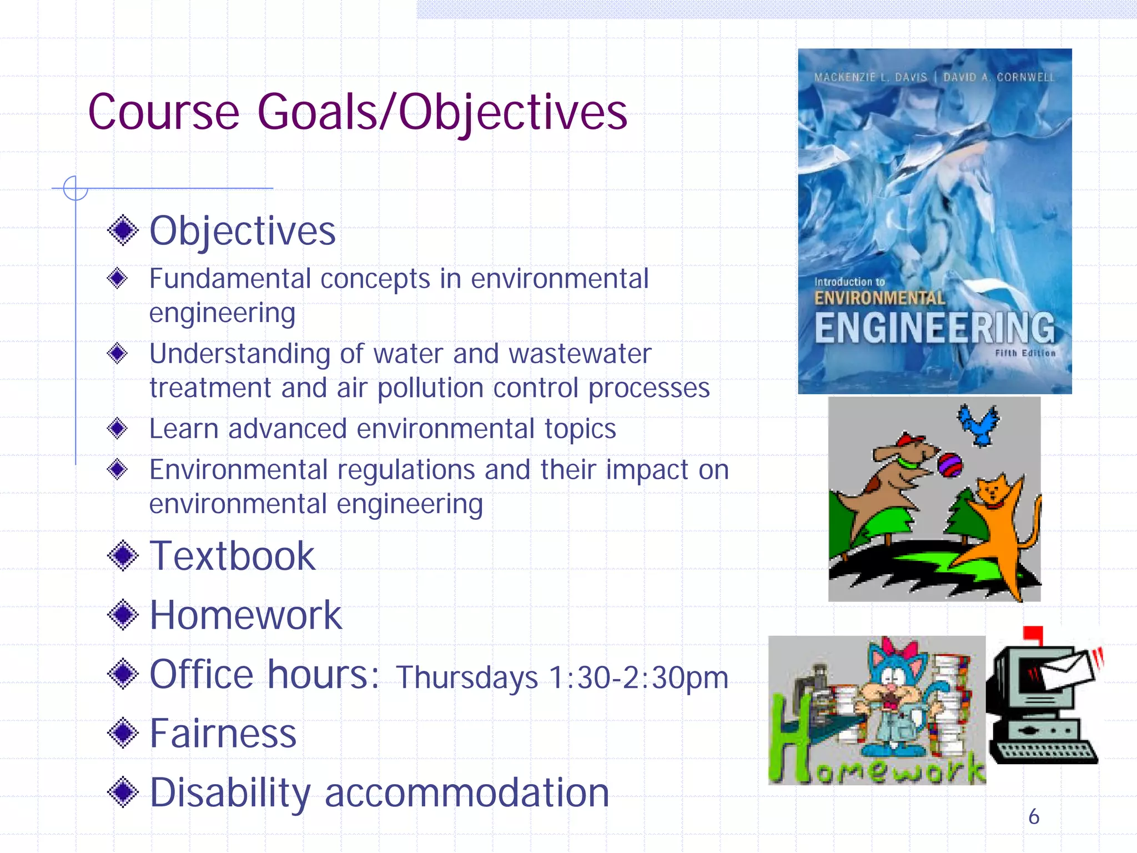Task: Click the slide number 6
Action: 1033,816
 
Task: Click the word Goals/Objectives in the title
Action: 442,113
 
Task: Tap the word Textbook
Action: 232,556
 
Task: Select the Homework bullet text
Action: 245,615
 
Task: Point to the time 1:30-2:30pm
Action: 638,678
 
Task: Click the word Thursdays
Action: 466,678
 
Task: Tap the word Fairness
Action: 223,734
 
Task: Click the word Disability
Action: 230,792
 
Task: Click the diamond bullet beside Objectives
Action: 123,230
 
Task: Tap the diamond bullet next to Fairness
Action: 123,733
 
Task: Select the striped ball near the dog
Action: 950,465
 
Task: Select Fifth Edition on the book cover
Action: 1025,353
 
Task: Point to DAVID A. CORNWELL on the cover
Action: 998,77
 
